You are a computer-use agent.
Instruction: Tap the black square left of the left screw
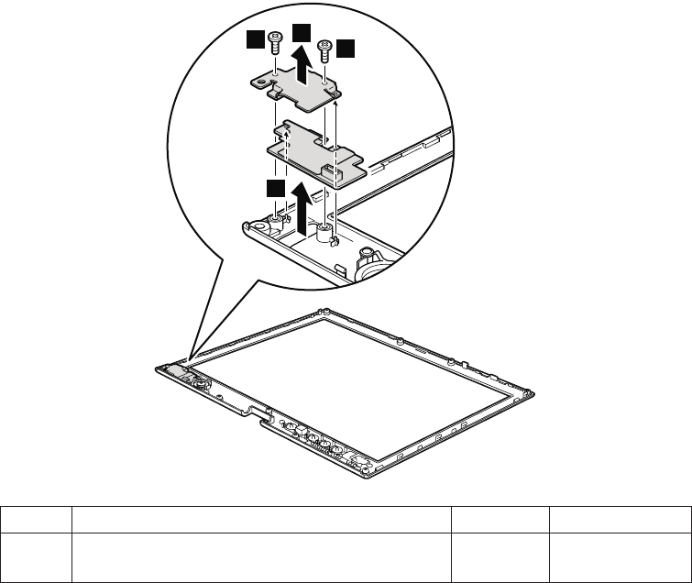[x=255, y=39]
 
